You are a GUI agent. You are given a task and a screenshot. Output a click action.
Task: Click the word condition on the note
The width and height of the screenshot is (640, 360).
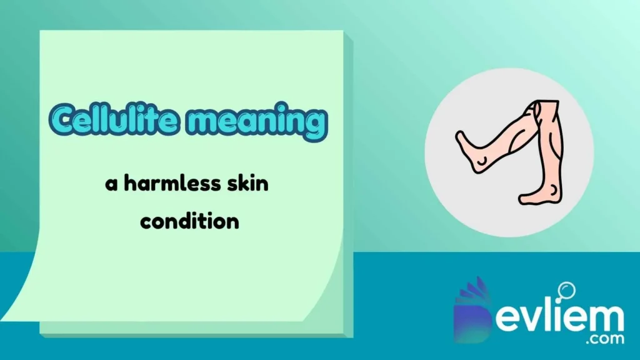(189, 221)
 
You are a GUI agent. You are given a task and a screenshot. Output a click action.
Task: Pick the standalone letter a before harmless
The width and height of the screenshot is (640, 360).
(111, 186)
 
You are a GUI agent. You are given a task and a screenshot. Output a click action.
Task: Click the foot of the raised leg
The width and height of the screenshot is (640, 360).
(470, 149)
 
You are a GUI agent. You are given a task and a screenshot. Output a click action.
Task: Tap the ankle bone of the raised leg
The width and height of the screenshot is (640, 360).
(482, 162)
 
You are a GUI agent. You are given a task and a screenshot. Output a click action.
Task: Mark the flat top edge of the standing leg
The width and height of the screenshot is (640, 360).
(549, 102)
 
